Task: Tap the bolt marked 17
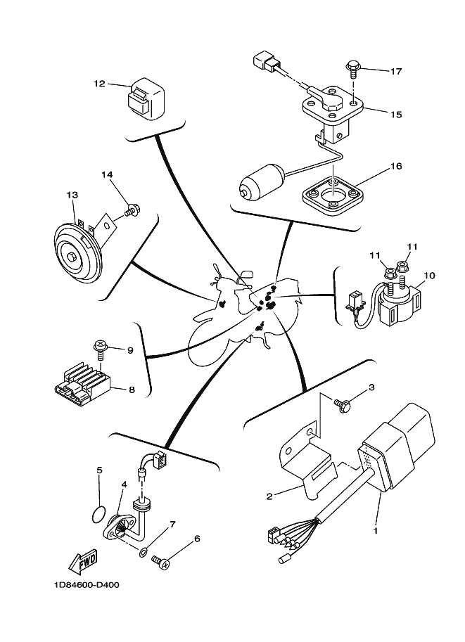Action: pyautogui.click(x=353, y=69)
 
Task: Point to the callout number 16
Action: pyautogui.click(x=396, y=167)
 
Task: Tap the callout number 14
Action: pyautogui.click(x=106, y=174)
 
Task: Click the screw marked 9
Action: pyautogui.click(x=99, y=347)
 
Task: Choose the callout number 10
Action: pyautogui.click(x=431, y=275)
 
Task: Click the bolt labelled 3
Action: pyautogui.click(x=343, y=404)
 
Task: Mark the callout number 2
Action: pyautogui.click(x=269, y=496)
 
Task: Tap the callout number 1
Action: pyautogui.click(x=375, y=530)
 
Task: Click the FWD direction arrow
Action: pyautogui.click(x=83, y=562)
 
